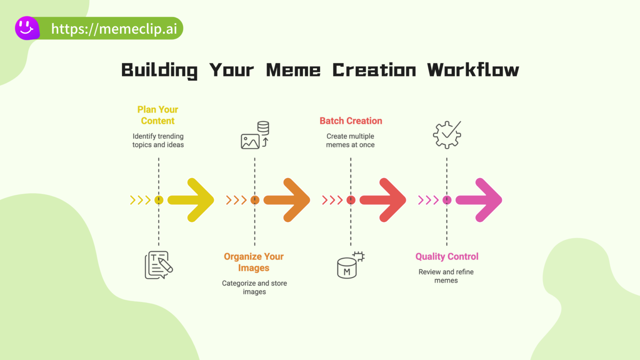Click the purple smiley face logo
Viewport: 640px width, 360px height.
coord(27,28)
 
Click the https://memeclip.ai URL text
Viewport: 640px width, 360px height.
coord(114,29)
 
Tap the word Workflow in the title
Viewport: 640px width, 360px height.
coord(473,70)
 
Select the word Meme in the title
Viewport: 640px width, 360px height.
coord(293,70)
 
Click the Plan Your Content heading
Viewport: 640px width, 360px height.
coord(158,115)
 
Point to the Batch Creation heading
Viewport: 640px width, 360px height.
coord(351,121)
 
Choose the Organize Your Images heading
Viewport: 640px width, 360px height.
coord(254,262)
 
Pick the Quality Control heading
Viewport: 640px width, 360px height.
coord(447,257)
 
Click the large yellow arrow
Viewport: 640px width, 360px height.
coord(190,200)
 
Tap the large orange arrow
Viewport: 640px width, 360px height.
coord(287,200)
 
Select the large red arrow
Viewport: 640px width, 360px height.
coord(382,200)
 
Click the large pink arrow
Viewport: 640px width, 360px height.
coord(479,200)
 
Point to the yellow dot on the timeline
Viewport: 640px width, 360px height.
coord(159,200)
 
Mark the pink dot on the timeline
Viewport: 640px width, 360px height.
coord(447,200)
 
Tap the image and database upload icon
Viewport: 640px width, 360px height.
coord(255,135)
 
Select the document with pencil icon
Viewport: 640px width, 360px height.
coord(159,265)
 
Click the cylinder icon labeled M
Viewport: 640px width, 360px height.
coord(351,265)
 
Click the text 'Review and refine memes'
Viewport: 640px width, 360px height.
coord(446,276)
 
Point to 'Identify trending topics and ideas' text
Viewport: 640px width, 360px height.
coord(158,140)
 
